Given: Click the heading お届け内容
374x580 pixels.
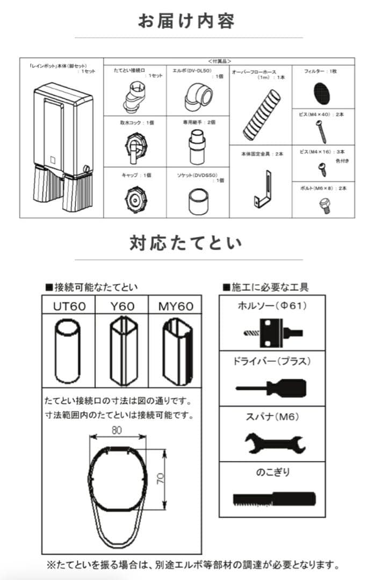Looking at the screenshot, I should [x=186, y=21].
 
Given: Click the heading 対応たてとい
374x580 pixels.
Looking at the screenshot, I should [x=186, y=243].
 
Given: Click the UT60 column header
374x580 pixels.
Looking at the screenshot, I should [x=68, y=306].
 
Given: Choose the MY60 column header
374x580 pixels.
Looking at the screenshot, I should [x=175, y=306].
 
